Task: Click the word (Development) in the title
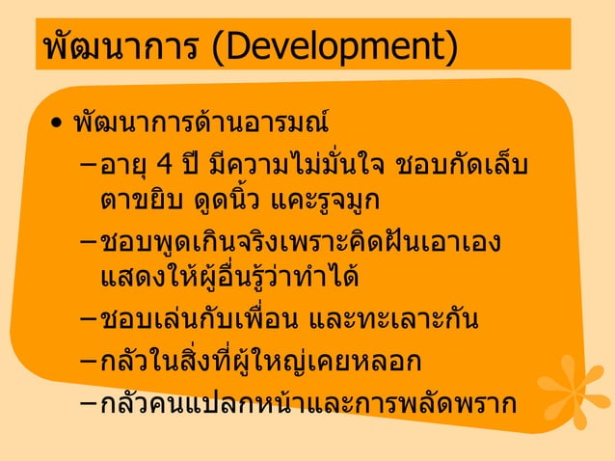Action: pos(334,46)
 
